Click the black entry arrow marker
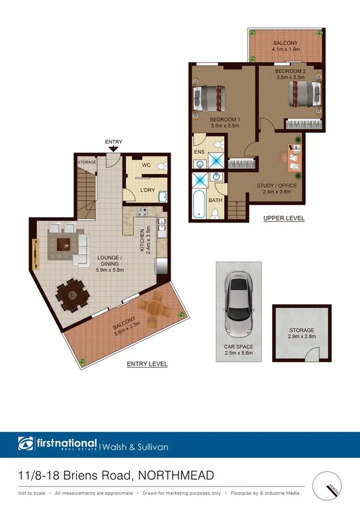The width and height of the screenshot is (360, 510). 114,149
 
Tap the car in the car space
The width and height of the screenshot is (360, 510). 239,307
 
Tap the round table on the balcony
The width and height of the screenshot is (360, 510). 154,310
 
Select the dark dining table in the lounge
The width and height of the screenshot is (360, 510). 70,295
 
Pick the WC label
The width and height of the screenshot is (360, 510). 146,165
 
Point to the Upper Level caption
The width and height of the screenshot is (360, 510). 284,218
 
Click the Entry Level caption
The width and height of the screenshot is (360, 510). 147,364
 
